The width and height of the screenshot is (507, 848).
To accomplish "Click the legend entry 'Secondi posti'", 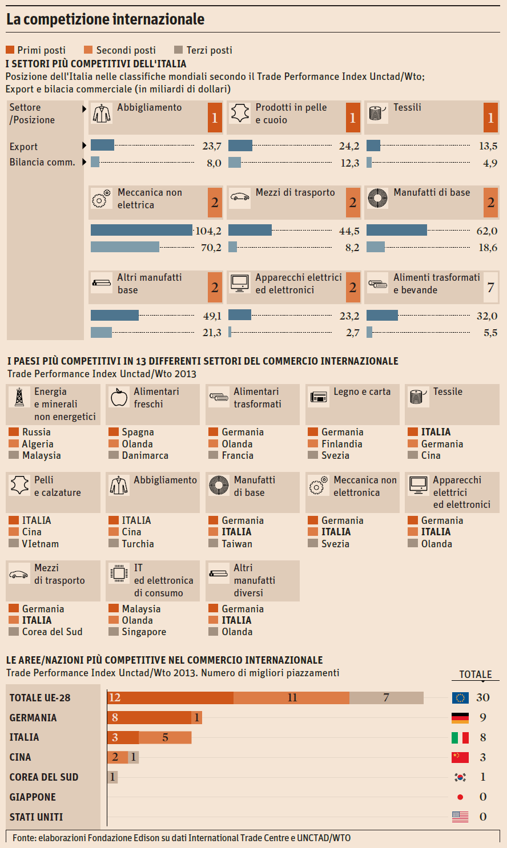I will click(125, 50).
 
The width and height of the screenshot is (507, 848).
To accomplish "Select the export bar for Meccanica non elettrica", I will click(141, 230).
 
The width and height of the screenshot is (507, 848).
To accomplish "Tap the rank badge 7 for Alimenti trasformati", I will click(490, 287).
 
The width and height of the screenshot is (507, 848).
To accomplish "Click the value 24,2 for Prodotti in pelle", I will click(349, 146).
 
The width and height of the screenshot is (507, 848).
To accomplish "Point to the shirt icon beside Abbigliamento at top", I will click(102, 114).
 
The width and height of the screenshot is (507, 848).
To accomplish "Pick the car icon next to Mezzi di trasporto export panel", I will click(240, 197).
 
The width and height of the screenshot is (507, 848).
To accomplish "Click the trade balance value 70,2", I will click(211, 248).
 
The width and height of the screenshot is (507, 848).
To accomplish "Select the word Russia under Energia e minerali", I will click(36, 432).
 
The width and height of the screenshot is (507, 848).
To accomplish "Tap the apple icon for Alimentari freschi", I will click(119, 397).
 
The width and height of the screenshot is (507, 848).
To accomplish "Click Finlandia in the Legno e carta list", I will click(341, 444).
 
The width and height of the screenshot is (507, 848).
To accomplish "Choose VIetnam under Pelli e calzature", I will click(40, 544).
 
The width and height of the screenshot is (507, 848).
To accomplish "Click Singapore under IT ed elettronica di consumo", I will click(144, 632).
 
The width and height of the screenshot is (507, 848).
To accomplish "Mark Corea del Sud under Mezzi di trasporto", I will click(52, 632).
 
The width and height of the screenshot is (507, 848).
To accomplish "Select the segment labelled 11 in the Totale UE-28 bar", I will click(292, 697).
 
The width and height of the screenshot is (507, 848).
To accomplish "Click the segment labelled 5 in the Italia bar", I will click(165, 737).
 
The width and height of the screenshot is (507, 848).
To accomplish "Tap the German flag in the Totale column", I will click(460, 718).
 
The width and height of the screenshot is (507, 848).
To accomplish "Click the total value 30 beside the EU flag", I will click(483, 697).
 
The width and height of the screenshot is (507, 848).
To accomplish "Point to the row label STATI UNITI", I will click(36, 817).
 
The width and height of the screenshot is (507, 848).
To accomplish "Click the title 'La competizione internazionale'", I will click(105, 19).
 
